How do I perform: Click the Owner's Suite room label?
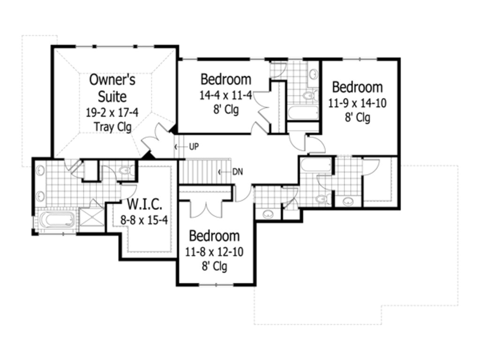(x=112, y=88)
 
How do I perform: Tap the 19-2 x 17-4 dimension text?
(x=112, y=113)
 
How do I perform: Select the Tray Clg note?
(x=112, y=127)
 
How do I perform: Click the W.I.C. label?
(x=145, y=204)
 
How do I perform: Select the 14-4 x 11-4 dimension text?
(x=225, y=96)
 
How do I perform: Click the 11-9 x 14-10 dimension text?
(x=357, y=103)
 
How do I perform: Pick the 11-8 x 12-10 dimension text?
(x=214, y=252)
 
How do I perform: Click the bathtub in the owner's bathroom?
(x=57, y=219)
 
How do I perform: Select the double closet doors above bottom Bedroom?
(x=206, y=206)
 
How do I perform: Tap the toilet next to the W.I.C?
(x=126, y=171)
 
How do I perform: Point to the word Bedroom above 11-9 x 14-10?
(x=357, y=87)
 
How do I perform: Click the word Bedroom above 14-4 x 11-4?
(x=225, y=79)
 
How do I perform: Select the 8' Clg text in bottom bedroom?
(x=214, y=267)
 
